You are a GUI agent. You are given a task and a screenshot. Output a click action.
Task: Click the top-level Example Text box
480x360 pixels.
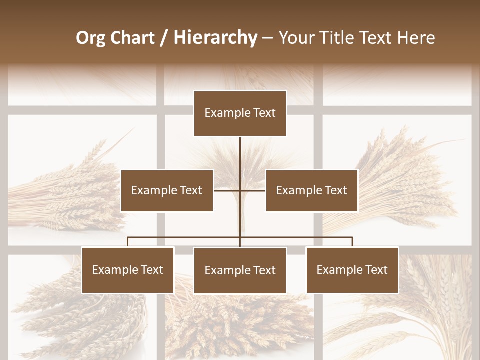coord(240,113)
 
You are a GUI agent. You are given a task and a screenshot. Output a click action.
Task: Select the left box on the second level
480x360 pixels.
coord(167,190)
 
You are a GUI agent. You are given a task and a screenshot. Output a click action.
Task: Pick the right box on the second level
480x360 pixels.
coord(311,190)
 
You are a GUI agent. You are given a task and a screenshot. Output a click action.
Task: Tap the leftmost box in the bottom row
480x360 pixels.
coord(128,270)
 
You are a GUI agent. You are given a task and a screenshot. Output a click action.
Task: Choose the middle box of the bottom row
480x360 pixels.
coord(240,271)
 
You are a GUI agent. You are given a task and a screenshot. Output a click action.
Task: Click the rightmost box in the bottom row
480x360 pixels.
coord(352,270)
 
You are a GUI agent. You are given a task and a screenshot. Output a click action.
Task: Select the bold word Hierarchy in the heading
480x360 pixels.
coord(215,38)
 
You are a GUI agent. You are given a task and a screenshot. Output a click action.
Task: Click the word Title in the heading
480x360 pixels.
coord(338,38)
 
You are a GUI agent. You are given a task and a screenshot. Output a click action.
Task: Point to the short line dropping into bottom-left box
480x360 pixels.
coord(128,242)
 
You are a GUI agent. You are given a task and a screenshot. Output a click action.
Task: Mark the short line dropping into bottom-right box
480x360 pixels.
coord(352,242)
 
